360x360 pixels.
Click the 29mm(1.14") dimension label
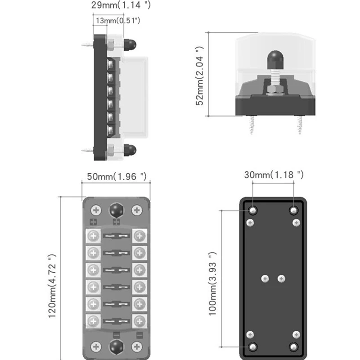(121, 5)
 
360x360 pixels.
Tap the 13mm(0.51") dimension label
(118, 21)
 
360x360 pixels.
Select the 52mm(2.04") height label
(199, 76)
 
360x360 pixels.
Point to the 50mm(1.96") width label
(117, 176)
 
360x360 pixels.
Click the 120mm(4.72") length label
(52, 286)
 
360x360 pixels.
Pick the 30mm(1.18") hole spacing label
(274, 175)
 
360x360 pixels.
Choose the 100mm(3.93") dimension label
(212, 284)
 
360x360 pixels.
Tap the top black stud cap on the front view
(117, 210)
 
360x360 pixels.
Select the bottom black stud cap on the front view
(117, 346)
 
